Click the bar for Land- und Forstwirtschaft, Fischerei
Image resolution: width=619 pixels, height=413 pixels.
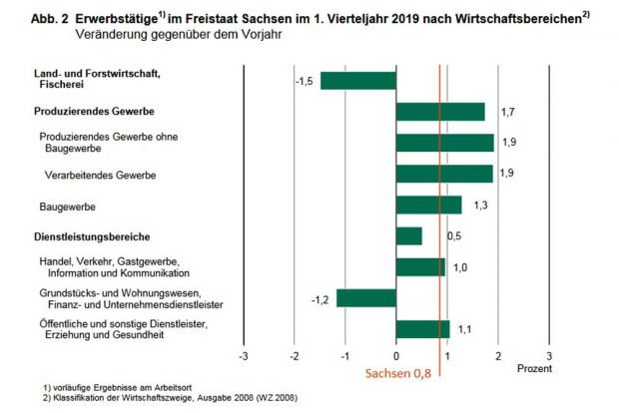[x=357, y=80]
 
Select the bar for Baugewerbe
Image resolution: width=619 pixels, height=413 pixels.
[x=428, y=205]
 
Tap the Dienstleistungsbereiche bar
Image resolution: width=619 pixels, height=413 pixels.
[x=408, y=235]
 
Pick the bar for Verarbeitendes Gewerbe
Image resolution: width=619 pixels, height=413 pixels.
[x=444, y=174]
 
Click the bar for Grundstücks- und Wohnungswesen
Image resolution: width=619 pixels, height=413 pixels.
[x=365, y=297]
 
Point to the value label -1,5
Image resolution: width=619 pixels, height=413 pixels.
[x=305, y=80]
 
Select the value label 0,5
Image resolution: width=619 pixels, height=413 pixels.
[x=453, y=236]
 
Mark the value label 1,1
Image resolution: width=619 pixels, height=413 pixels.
[x=466, y=328]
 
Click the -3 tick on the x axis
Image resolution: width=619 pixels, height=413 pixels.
[x=243, y=356]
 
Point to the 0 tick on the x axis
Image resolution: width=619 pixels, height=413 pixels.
[x=396, y=356]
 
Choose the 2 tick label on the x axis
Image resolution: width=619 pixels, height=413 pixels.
[x=498, y=356]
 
